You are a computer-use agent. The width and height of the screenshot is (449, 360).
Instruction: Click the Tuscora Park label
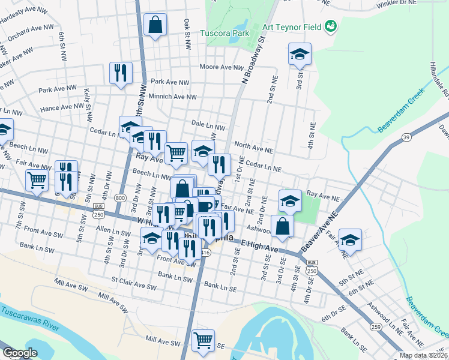[x=224, y=34]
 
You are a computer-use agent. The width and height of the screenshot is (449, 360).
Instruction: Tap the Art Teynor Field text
[x=292, y=26]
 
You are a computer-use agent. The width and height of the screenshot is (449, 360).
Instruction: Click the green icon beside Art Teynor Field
[x=330, y=26]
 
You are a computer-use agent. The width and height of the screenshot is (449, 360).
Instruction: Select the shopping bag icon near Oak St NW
[x=155, y=25]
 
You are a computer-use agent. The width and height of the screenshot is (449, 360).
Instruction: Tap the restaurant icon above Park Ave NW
[x=121, y=73]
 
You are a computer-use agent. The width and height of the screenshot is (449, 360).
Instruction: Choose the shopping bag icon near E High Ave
[x=282, y=227]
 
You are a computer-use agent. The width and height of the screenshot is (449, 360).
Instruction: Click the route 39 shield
[x=407, y=137]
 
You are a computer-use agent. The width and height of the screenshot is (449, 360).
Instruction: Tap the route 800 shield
[x=121, y=197]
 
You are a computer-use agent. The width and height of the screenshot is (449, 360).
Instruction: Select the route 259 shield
[x=376, y=326]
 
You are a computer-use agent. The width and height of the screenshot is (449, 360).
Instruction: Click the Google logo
[x=19, y=353]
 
